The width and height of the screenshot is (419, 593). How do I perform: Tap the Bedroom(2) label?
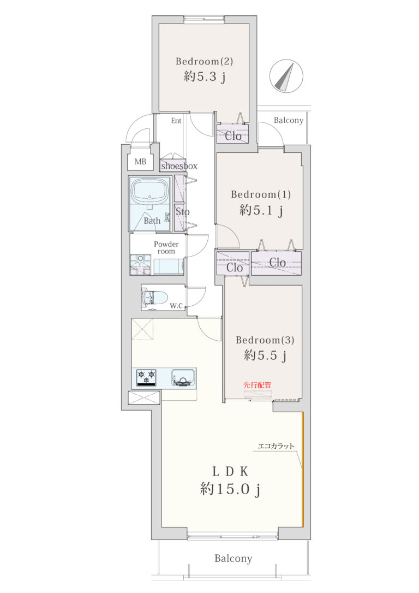204,61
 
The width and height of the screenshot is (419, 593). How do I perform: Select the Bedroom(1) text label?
261,194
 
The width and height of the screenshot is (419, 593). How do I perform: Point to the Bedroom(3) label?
265,340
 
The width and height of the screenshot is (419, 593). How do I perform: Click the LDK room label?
230,471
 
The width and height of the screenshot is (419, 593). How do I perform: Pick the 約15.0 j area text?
230,489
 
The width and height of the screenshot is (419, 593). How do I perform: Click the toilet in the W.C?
155,297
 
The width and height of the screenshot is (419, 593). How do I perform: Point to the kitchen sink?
184,377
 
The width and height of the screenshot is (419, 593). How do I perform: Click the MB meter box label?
140,162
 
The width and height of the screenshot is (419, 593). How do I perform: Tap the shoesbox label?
179,166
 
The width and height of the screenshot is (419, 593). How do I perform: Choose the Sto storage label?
182,212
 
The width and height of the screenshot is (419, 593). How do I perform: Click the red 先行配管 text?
258,385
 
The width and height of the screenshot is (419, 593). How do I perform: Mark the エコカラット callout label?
276,446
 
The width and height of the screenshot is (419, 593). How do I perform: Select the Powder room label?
166,248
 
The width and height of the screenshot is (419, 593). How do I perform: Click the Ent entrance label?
176,121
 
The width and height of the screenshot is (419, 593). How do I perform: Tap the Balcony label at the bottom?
233,559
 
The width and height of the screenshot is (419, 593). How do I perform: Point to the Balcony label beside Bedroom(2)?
288,120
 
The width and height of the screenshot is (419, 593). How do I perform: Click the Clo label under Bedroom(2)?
233,136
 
